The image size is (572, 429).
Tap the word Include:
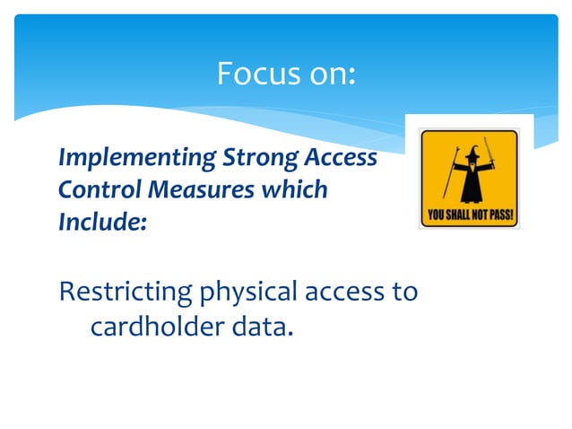tap(101, 221)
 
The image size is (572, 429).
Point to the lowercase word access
tap(350, 293)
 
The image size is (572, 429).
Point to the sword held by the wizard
tap(490, 157)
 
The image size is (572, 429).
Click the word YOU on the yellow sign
tap(434, 215)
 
